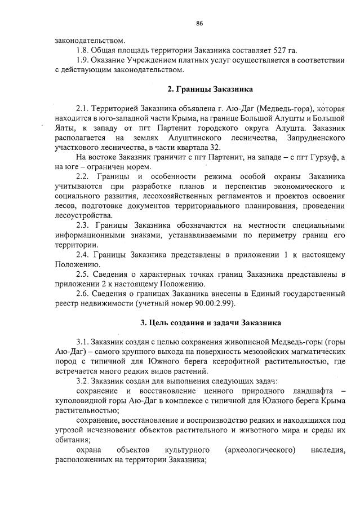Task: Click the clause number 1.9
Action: (83, 60)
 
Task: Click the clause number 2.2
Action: (83, 176)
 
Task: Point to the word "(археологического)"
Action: (260, 450)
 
